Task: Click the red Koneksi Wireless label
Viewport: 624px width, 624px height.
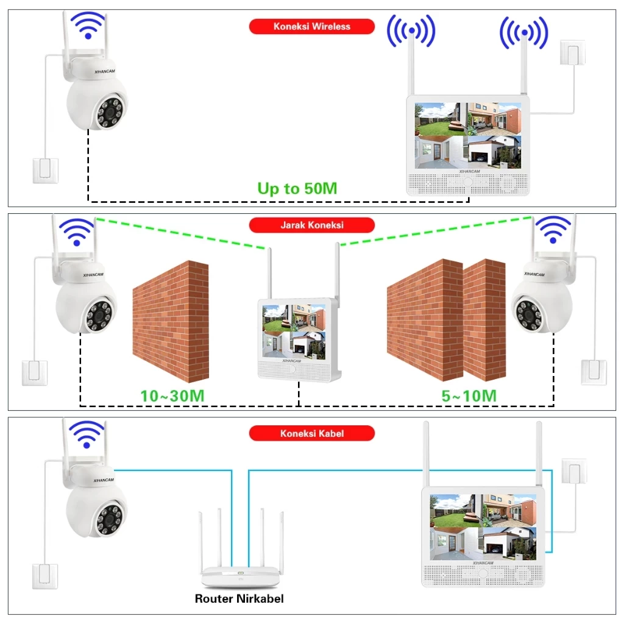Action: [x=311, y=27]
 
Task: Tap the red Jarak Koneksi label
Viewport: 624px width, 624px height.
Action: [x=311, y=225]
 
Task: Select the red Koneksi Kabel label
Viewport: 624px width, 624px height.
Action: [x=311, y=433]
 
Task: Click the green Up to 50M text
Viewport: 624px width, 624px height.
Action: [x=297, y=188]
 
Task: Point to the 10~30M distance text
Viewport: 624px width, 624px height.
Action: [x=172, y=395]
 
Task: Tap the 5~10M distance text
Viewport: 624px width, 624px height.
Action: [x=469, y=395]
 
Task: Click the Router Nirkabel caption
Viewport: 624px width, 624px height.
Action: [x=239, y=598]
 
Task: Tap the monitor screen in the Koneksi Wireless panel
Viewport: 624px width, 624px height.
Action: [x=468, y=135]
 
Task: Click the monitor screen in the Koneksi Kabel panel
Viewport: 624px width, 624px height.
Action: [x=484, y=527]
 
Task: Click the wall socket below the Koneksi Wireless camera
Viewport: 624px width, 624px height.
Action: [x=45, y=171]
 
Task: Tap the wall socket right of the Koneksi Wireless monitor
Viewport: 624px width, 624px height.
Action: [x=573, y=54]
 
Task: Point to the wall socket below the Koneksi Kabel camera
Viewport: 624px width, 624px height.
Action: [x=45, y=576]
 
